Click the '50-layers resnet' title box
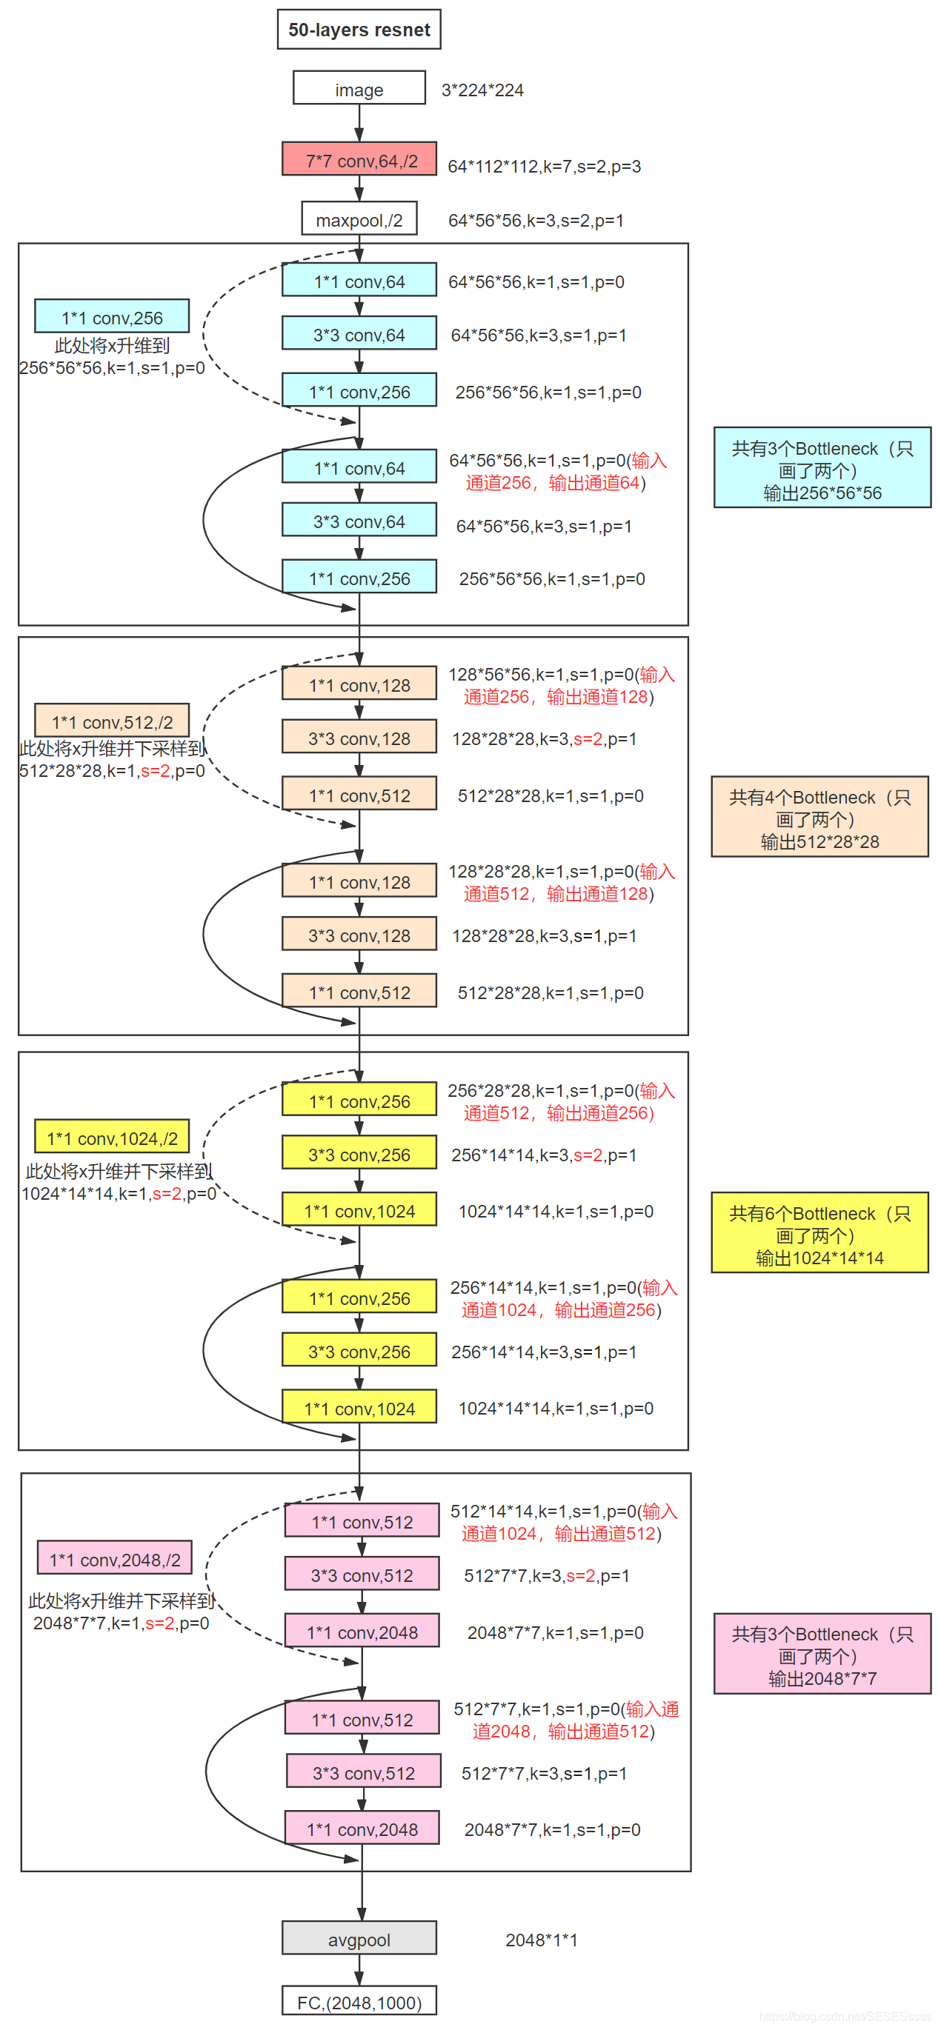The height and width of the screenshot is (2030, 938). coord(359,29)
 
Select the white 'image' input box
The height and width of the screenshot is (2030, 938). coord(359,88)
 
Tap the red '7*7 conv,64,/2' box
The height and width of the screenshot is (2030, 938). coord(359,159)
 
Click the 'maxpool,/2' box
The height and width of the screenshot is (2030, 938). coord(359,219)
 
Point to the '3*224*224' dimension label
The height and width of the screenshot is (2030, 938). coord(482,90)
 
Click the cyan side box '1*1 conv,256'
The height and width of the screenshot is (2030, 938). coord(112,317)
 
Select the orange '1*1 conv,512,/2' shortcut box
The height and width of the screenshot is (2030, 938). coord(112,721)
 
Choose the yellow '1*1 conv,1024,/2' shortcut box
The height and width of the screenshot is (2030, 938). coord(112,1137)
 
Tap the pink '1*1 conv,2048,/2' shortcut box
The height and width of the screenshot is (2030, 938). coord(114,1559)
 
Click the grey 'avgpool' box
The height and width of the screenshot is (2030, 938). coord(359,1939)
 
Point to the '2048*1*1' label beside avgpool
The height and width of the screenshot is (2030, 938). coord(541,1940)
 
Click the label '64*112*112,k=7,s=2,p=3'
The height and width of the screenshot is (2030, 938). coord(544,167)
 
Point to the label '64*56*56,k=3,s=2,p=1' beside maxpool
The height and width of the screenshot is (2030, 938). coord(535,220)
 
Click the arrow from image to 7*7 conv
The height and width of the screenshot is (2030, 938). coord(359,123)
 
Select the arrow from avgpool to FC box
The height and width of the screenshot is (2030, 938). coord(359,1970)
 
